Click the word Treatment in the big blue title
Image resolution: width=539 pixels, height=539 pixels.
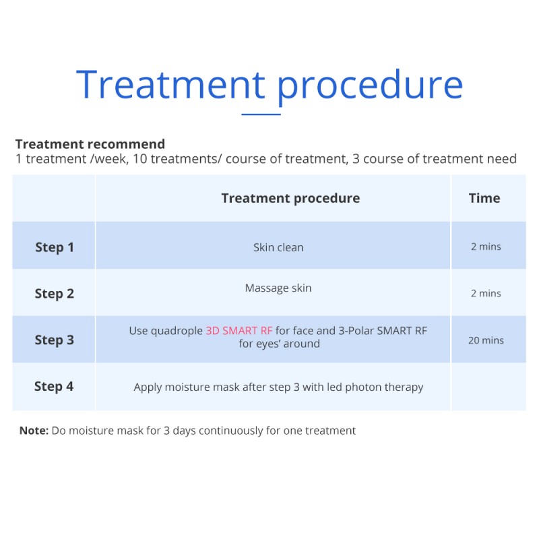click(x=170, y=85)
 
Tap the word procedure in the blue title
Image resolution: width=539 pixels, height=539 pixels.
click(x=370, y=88)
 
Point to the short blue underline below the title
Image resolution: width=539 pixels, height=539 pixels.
click(x=261, y=114)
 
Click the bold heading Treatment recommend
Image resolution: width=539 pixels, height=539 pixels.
click(x=90, y=144)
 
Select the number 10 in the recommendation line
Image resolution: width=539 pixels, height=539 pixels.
click(x=140, y=159)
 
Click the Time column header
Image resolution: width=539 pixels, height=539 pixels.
click(x=484, y=198)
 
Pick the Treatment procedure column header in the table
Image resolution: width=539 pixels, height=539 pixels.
click(x=290, y=198)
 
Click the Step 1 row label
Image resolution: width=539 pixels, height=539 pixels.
click(x=55, y=247)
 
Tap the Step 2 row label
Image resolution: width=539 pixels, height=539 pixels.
click(x=55, y=294)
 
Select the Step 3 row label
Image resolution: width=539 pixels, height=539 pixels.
click(x=55, y=340)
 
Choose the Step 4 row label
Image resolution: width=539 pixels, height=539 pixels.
click(x=54, y=387)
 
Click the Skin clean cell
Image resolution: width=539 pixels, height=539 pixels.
click(x=278, y=247)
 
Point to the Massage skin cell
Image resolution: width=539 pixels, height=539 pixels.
click(x=278, y=288)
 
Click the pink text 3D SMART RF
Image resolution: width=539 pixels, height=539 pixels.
click(x=239, y=331)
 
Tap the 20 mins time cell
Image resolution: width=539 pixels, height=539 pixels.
click(x=486, y=340)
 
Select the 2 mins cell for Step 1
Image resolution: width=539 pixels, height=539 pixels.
click(x=486, y=247)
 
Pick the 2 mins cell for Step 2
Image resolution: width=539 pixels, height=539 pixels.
click(x=486, y=293)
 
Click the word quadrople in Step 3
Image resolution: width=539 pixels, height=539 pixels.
click(x=177, y=331)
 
